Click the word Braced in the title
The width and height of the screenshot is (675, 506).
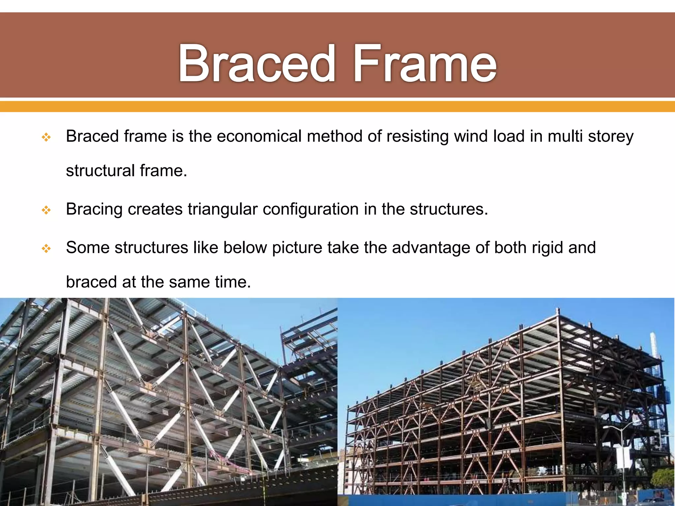tap(256, 63)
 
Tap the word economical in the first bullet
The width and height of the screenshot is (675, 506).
tap(259, 136)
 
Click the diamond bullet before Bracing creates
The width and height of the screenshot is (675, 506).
tap(46, 210)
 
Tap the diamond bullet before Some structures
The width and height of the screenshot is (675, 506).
tap(46, 248)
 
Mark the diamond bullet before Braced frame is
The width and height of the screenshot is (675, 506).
tap(46, 137)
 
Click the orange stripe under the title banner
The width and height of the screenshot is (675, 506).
tap(337, 106)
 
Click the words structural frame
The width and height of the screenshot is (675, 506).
tap(126, 171)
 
